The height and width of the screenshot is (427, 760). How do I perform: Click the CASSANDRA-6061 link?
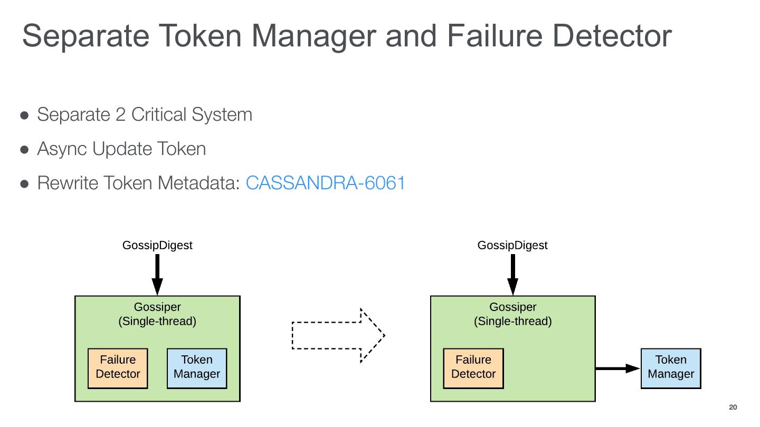(x=325, y=183)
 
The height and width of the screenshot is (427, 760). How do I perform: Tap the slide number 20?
(x=733, y=407)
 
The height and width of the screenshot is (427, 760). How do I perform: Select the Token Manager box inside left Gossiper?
(x=197, y=368)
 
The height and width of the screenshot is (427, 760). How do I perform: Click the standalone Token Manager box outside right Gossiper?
(x=671, y=368)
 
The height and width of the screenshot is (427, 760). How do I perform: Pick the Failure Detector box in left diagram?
(x=118, y=368)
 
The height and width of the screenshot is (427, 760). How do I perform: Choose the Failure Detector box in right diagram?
(x=473, y=368)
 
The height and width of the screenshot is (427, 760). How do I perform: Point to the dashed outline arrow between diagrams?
(x=338, y=335)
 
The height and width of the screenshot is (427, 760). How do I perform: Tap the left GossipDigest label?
(x=157, y=245)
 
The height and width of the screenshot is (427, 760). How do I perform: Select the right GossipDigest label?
(x=512, y=245)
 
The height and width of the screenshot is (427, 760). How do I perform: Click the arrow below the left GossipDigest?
(x=157, y=274)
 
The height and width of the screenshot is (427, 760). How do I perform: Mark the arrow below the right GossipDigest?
(x=512, y=274)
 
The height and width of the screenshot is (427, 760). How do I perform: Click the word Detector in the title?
(x=612, y=36)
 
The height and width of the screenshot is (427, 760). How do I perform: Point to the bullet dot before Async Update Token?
(x=24, y=150)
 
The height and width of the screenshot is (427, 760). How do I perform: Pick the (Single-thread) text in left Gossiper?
(x=157, y=321)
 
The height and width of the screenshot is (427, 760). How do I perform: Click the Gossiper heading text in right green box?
(x=512, y=307)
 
